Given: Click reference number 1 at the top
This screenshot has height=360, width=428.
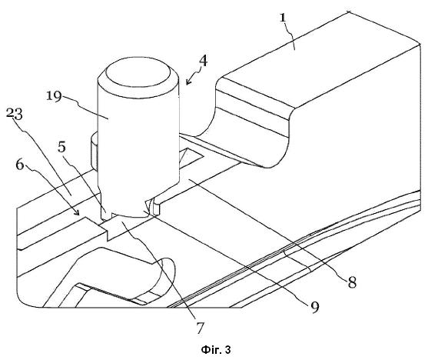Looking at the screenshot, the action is click(283, 18).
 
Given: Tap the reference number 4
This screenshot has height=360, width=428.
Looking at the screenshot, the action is click(203, 61).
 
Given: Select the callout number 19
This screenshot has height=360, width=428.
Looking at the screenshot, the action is click(54, 97).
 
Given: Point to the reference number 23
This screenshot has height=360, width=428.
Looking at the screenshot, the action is click(15, 114).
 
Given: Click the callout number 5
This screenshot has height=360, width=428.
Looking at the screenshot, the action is click(62, 147).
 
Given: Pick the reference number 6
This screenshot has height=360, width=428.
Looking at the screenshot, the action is click(20, 165).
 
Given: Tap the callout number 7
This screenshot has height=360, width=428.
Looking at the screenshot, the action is click(200, 328).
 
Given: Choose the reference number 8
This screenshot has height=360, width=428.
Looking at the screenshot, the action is click(352, 282).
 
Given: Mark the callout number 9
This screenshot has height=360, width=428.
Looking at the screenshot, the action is click(315, 308).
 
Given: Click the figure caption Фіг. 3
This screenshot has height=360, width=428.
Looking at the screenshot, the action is click(216, 350).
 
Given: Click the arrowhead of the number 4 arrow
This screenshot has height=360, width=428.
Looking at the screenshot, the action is click(187, 82).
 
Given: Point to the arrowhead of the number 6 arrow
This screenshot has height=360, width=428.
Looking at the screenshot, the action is click(78, 212).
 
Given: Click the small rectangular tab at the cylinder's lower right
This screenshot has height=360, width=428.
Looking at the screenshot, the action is click(157, 208).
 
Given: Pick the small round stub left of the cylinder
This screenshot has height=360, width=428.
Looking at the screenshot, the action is click(94, 150).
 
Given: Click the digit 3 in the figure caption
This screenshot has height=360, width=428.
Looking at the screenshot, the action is click(228, 350).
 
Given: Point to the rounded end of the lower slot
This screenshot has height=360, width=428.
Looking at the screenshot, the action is click(166, 273).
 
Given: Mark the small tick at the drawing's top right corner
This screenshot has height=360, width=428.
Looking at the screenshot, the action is click(349, 12).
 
